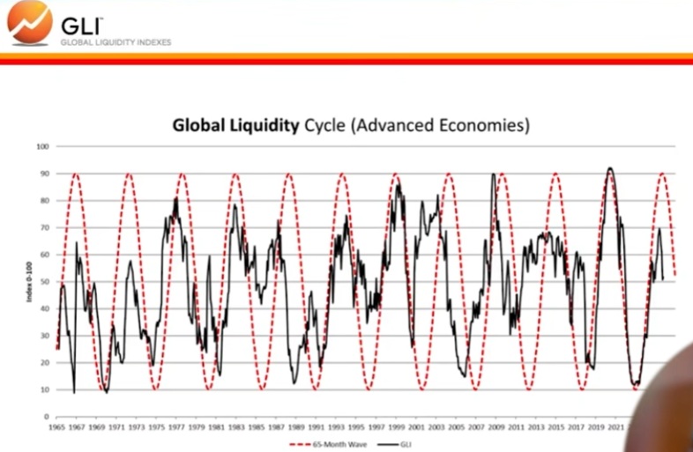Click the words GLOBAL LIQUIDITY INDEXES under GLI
(x=115, y=41)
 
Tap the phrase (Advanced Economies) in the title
(x=441, y=125)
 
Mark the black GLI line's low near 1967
(x=74, y=391)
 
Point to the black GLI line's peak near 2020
(x=609, y=168)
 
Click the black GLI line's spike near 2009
(x=492, y=174)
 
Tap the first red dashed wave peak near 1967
(x=76, y=174)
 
